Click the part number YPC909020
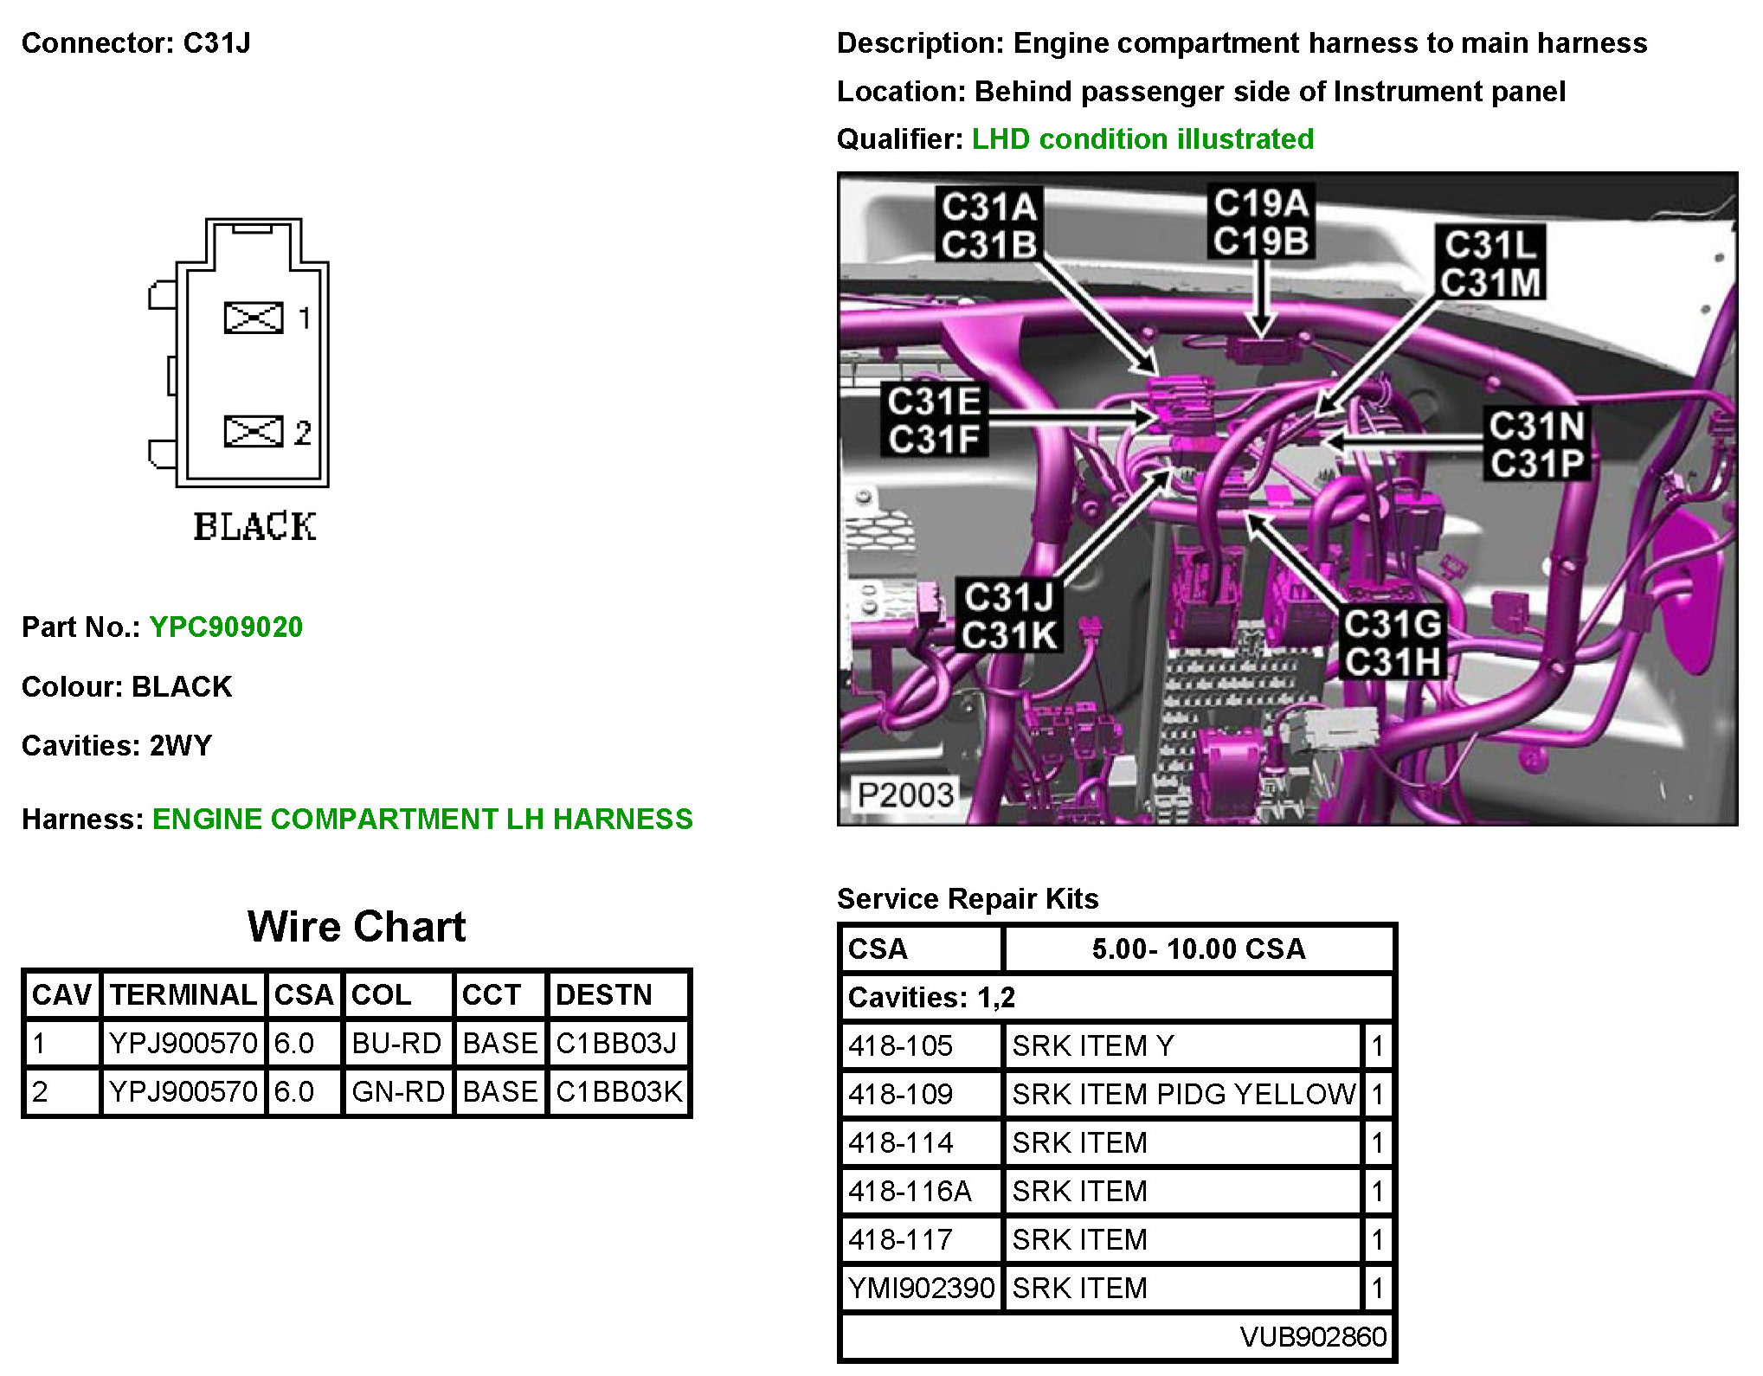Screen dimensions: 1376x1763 (226, 627)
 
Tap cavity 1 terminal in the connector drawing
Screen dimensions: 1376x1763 (254, 318)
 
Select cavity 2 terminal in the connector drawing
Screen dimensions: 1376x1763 (254, 431)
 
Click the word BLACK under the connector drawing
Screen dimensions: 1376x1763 (254, 527)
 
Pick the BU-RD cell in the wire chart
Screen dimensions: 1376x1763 (397, 1043)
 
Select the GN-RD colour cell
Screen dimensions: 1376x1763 (398, 1091)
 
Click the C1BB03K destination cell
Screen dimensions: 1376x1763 (619, 1091)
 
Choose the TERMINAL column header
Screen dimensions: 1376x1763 (183, 994)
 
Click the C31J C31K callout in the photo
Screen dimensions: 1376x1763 (1009, 616)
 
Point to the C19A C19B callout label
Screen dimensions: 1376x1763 (1260, 222)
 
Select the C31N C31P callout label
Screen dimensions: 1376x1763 (1536, 445)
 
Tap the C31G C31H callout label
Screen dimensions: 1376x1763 (1393, 642)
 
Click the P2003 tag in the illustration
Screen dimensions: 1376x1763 (904, 794)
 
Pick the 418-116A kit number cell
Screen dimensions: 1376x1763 (910, 1191)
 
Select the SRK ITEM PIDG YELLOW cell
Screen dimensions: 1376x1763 (1183, 1094)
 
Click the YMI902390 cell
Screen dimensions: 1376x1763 (921, 1288)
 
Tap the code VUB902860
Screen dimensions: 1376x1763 (1313, 1336)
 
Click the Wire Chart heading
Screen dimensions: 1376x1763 (357, 927)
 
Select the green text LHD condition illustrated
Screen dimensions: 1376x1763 (1142, 138)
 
